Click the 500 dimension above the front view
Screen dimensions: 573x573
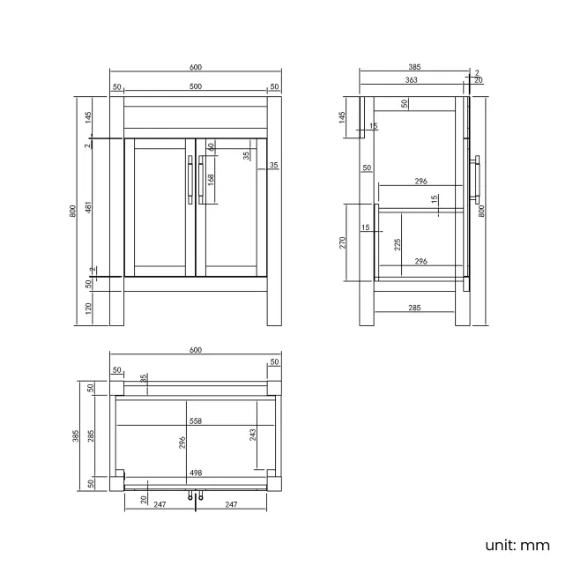coord(195,86)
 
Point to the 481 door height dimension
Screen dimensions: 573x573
coord(89,208)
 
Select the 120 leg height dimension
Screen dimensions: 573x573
coord(89,308)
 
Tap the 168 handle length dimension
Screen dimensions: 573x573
coord(210,178)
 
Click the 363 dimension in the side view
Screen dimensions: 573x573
coord(411,80)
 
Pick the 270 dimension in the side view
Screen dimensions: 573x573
coord(344,242)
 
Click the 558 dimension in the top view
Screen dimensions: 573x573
coord(195,421)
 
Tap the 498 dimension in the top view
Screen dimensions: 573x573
coord(195,473)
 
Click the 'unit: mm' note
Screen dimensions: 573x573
coord(517,545)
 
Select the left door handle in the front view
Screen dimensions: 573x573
coord(190,179)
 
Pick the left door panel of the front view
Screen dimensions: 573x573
coord(160,206)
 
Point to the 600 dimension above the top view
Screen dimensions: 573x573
coord(195,350)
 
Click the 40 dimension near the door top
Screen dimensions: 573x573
coord(212,146)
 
